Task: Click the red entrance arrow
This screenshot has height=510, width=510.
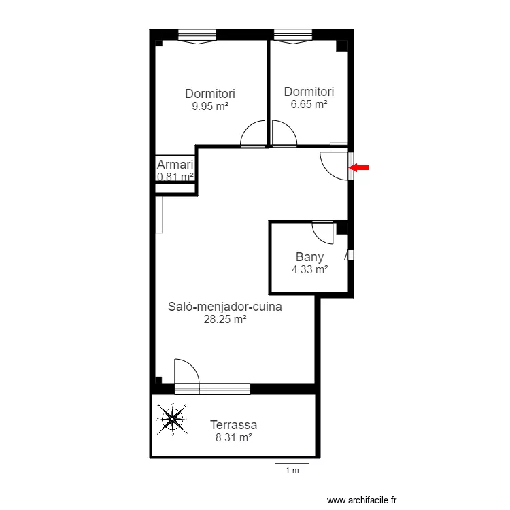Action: [359, 167]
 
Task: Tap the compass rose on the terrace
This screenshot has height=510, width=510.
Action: [172, 419]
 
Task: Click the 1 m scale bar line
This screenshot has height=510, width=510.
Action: [292, 464]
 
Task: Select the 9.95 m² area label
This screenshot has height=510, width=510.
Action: [210, 106]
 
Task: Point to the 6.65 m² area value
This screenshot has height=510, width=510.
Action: [309, 104]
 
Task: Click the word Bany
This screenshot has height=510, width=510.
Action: [309, 257]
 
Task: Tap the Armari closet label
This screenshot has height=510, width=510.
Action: [175, 165]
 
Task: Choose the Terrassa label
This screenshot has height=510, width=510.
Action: [233, 425]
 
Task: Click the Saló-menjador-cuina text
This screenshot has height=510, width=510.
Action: [225, 307]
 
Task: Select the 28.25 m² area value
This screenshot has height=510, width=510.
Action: [225, 319]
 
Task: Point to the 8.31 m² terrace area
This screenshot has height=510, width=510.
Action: [233, 437]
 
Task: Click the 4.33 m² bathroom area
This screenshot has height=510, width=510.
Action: [309, 269]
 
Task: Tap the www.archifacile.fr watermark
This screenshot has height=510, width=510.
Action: [362, 500]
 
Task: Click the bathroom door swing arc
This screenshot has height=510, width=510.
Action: [318, 237]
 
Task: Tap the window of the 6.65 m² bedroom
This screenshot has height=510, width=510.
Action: [293, 36]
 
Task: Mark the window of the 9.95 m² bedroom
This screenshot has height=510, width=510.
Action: [197, 36]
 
